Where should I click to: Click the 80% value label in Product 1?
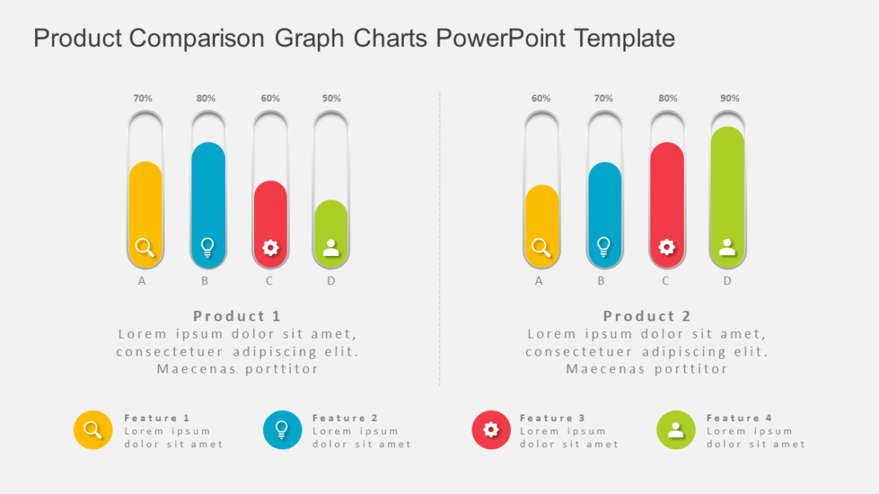(x=206, y=98)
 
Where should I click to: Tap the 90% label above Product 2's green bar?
(x=730, y=98)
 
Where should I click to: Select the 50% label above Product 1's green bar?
(x=331, y=98)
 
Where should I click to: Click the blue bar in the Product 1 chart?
(x=208, y=193)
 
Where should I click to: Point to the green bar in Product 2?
(x=728, y=186)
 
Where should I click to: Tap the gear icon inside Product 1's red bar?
(x=270, y=248)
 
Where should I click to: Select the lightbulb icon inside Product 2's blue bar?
(x=604, y=246)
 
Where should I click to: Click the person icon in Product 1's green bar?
(x=331, y=248)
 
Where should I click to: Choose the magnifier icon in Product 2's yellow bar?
(x=542, y=248)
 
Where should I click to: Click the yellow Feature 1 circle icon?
(x=93, y=430)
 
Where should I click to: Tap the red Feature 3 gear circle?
(x=491, y=430)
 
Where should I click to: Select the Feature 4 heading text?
(x=739, y=418)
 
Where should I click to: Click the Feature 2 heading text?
(x=345, y=418)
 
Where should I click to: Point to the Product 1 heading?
(x=237, y=316)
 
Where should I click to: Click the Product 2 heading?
(x=647, y=316)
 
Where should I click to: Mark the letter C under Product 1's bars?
(x=269, y=281)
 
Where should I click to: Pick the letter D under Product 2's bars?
(x=727, y=281)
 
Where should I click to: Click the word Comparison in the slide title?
(x=197, y=38)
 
